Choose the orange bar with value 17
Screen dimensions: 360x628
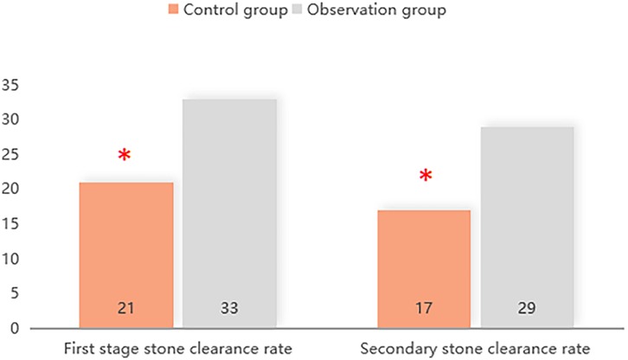click(x=425, y=269)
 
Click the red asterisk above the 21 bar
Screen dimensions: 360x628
click(x=125, y=157)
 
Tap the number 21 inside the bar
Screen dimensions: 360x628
click(x=126, y=308)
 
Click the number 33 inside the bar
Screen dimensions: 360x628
click(x=228, y=308)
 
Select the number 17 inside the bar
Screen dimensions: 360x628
click(x=425, y=308)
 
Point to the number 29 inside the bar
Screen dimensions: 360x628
click(x=528, y=308)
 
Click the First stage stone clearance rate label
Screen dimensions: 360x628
click(x=177, y=349)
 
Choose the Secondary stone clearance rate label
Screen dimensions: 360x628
click(x=477, y=349)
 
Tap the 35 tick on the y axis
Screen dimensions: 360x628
click(x=11, y=85)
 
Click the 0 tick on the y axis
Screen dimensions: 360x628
click(x=15, y=329)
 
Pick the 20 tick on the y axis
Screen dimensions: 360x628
click(x=11, y=190)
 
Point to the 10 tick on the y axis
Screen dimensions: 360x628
click(x=11, y=260)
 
